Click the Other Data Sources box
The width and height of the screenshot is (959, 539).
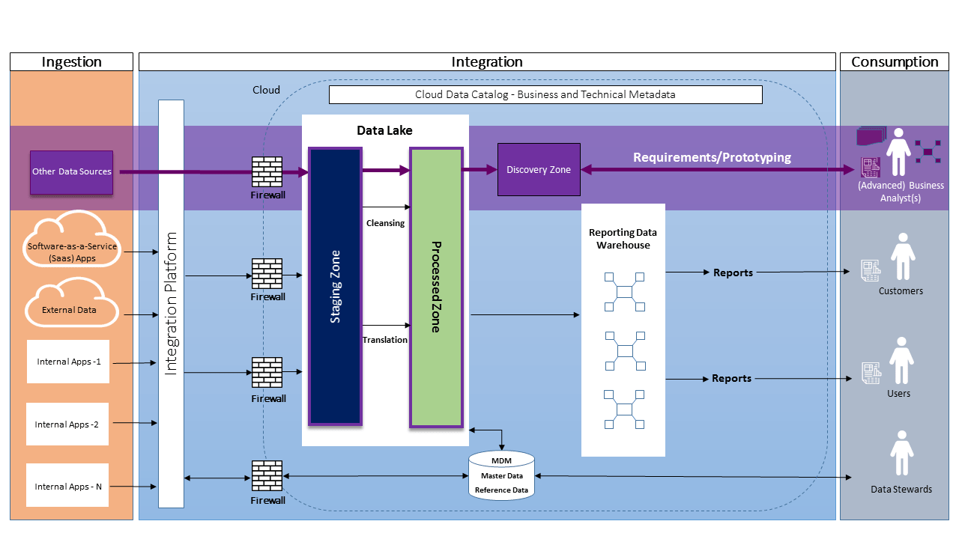(71, 172)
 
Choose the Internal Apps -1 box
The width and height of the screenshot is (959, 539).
(68, 362)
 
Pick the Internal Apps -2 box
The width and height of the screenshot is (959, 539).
(67, 424)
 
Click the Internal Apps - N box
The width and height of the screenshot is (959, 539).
(67, 487)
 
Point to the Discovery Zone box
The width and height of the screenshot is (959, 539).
(539, 170)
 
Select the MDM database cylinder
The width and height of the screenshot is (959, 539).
(501, 476)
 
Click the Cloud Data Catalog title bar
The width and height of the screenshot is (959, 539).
(545, 94)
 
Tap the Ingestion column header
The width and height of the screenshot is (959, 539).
(72, 62)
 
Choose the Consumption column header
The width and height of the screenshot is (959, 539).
(895, 62)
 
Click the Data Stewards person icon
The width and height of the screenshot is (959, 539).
(902, 454)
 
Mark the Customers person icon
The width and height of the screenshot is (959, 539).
(902, 257)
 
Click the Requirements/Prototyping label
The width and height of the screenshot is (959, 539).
(712, 157)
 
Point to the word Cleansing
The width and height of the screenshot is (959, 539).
(385, 223)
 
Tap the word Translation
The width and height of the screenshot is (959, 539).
(385, 340)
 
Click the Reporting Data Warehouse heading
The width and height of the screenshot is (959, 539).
(623, 239)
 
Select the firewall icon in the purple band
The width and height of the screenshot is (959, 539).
(267, 171)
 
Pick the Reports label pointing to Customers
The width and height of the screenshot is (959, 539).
(733, 272)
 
